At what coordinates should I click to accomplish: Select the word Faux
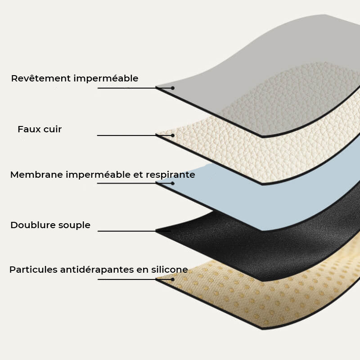point(28,129)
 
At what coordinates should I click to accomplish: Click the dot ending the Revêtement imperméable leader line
point(173,88)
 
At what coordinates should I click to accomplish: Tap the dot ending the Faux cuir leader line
point(173,135)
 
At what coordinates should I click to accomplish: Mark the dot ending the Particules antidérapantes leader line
point(173,279)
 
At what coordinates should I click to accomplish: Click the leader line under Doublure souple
point(126,231)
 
